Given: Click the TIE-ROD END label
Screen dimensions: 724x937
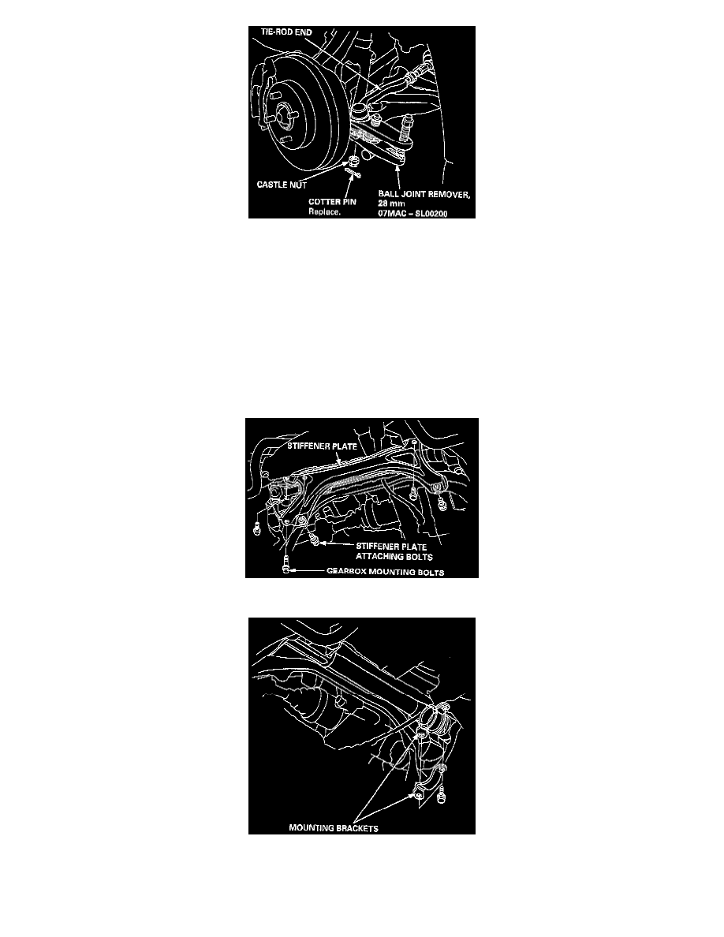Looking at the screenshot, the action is click(286, 32).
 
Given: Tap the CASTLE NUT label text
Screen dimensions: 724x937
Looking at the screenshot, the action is click(282, 185).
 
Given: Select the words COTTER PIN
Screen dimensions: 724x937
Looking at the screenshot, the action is click(332, 202).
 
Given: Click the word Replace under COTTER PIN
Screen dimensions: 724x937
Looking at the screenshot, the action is click(324, 212).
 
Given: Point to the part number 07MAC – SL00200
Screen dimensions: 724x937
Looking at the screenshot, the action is click(412, 213).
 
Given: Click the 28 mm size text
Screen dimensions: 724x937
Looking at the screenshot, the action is click(391, 203).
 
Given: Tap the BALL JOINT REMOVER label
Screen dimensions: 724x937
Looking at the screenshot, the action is click(424, 194).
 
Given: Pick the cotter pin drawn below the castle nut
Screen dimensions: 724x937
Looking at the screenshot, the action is click(353, 174).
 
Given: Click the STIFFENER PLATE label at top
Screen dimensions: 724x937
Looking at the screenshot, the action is click(322, 446).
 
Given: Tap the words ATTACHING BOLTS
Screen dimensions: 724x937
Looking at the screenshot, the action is click(394, 556).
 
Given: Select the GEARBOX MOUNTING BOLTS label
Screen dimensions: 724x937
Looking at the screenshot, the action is click(386, 572).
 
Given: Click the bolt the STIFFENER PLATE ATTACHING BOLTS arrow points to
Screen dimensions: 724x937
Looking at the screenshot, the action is click(314, 541).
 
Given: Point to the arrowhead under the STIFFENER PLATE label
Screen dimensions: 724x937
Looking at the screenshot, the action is click(338, 461).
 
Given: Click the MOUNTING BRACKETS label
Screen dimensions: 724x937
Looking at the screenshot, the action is click(334, 828).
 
